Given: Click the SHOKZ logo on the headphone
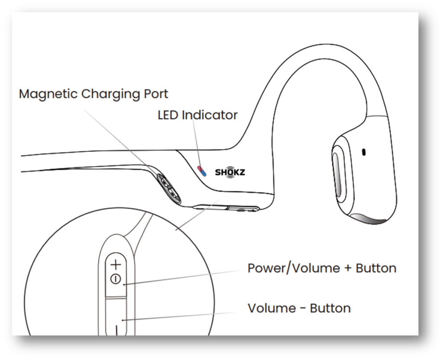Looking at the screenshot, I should click(x=230, y=172).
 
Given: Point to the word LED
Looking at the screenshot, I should click(x=168, y=115).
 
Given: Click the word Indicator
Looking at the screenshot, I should click(x=210, y=115).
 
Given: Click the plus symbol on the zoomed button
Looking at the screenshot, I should click(x=116, y=264).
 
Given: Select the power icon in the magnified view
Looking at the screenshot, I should click(x=116, y=279).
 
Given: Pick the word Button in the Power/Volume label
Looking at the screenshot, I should click(x=376, y=268).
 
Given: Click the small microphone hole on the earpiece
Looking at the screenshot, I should click(x=364, y=152).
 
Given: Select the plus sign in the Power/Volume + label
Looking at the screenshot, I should click(x=348, y=268).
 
